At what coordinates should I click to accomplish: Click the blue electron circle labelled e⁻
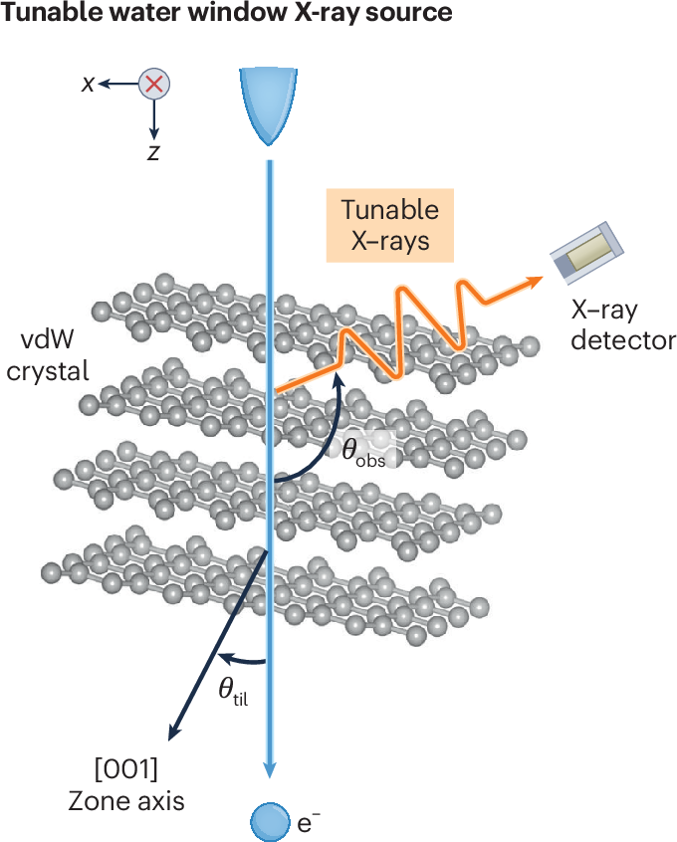coord(268,821)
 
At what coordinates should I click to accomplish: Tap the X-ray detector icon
coord(587,249)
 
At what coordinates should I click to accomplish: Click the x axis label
coord(89,84)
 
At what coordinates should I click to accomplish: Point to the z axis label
coord(153,152)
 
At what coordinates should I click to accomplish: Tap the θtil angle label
coord(233,690)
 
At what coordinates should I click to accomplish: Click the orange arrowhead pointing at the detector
coord(538,278)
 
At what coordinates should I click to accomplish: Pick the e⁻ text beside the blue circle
coord(310,821)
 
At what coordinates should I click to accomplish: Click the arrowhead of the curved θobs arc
coord(340,377)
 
